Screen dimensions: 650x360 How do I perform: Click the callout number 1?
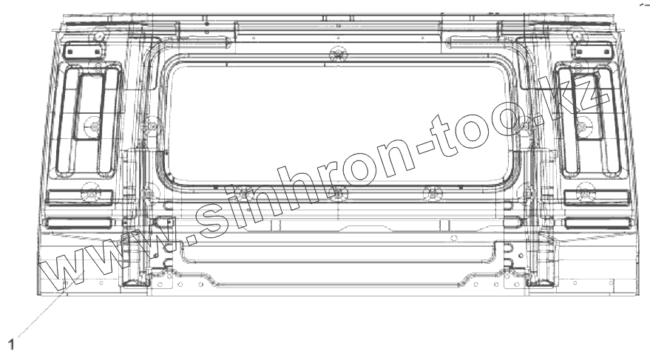[11, 344]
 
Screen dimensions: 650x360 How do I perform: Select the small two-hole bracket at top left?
[84, 52]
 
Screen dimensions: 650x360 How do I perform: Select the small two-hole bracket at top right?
[593, 52]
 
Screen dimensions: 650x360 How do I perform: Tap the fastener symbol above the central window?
[338, 54]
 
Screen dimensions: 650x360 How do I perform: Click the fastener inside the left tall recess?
[95, 125]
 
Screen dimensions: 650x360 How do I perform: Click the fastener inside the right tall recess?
[583, 125]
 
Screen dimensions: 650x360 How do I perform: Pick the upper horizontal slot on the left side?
[79, 198]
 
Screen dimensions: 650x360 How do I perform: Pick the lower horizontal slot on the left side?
[79, 224]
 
